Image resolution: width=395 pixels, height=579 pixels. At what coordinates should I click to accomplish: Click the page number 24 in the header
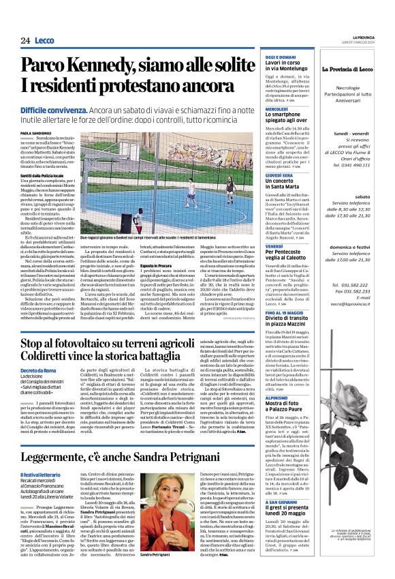click(25, 40)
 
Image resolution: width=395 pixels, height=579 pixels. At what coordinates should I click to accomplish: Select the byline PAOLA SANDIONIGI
click(35, 114)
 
